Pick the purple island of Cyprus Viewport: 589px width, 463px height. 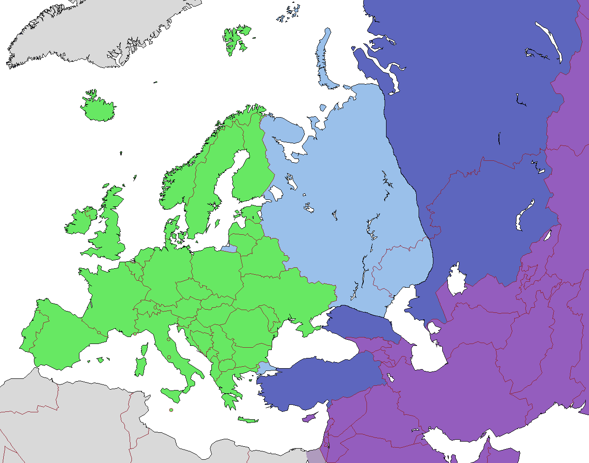click(308, 418)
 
